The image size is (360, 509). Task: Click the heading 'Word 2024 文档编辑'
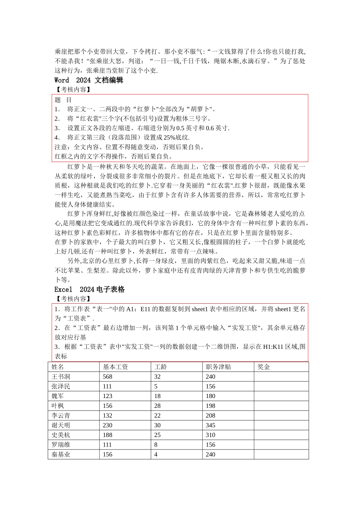[89, 80]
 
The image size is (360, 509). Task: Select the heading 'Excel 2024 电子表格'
[89, 289]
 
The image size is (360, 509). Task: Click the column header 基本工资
[115, 367]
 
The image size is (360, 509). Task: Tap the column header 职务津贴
[218, 367]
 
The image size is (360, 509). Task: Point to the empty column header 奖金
[264, 367]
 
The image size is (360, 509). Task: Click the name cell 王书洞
[61, 377]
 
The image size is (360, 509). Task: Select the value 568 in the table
[108, 377]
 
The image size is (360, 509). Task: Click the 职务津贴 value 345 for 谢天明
[210, 425]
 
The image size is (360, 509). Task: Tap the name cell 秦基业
[61, 454]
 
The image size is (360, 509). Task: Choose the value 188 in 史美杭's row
[108, 435]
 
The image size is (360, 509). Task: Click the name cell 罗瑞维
[61, 445]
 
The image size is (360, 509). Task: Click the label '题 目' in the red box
[63, 100]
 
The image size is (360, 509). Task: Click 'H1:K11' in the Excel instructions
[274, 347]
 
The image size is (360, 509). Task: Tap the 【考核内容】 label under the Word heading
[72, 90]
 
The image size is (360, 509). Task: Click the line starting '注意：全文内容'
[129, 147]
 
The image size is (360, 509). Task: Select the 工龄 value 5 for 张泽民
[156, 387]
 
